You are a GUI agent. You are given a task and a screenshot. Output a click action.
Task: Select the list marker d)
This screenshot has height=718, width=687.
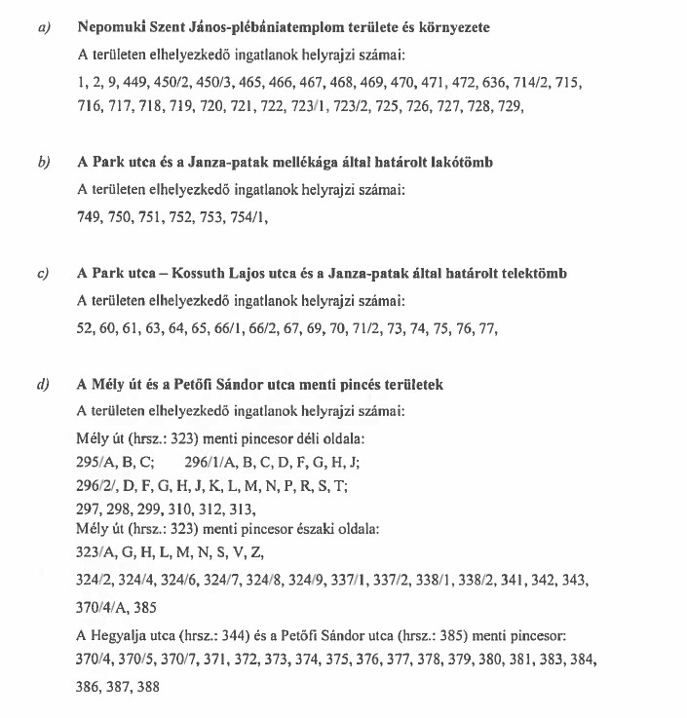43,385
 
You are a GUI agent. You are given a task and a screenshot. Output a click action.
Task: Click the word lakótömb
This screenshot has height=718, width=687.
460,162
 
